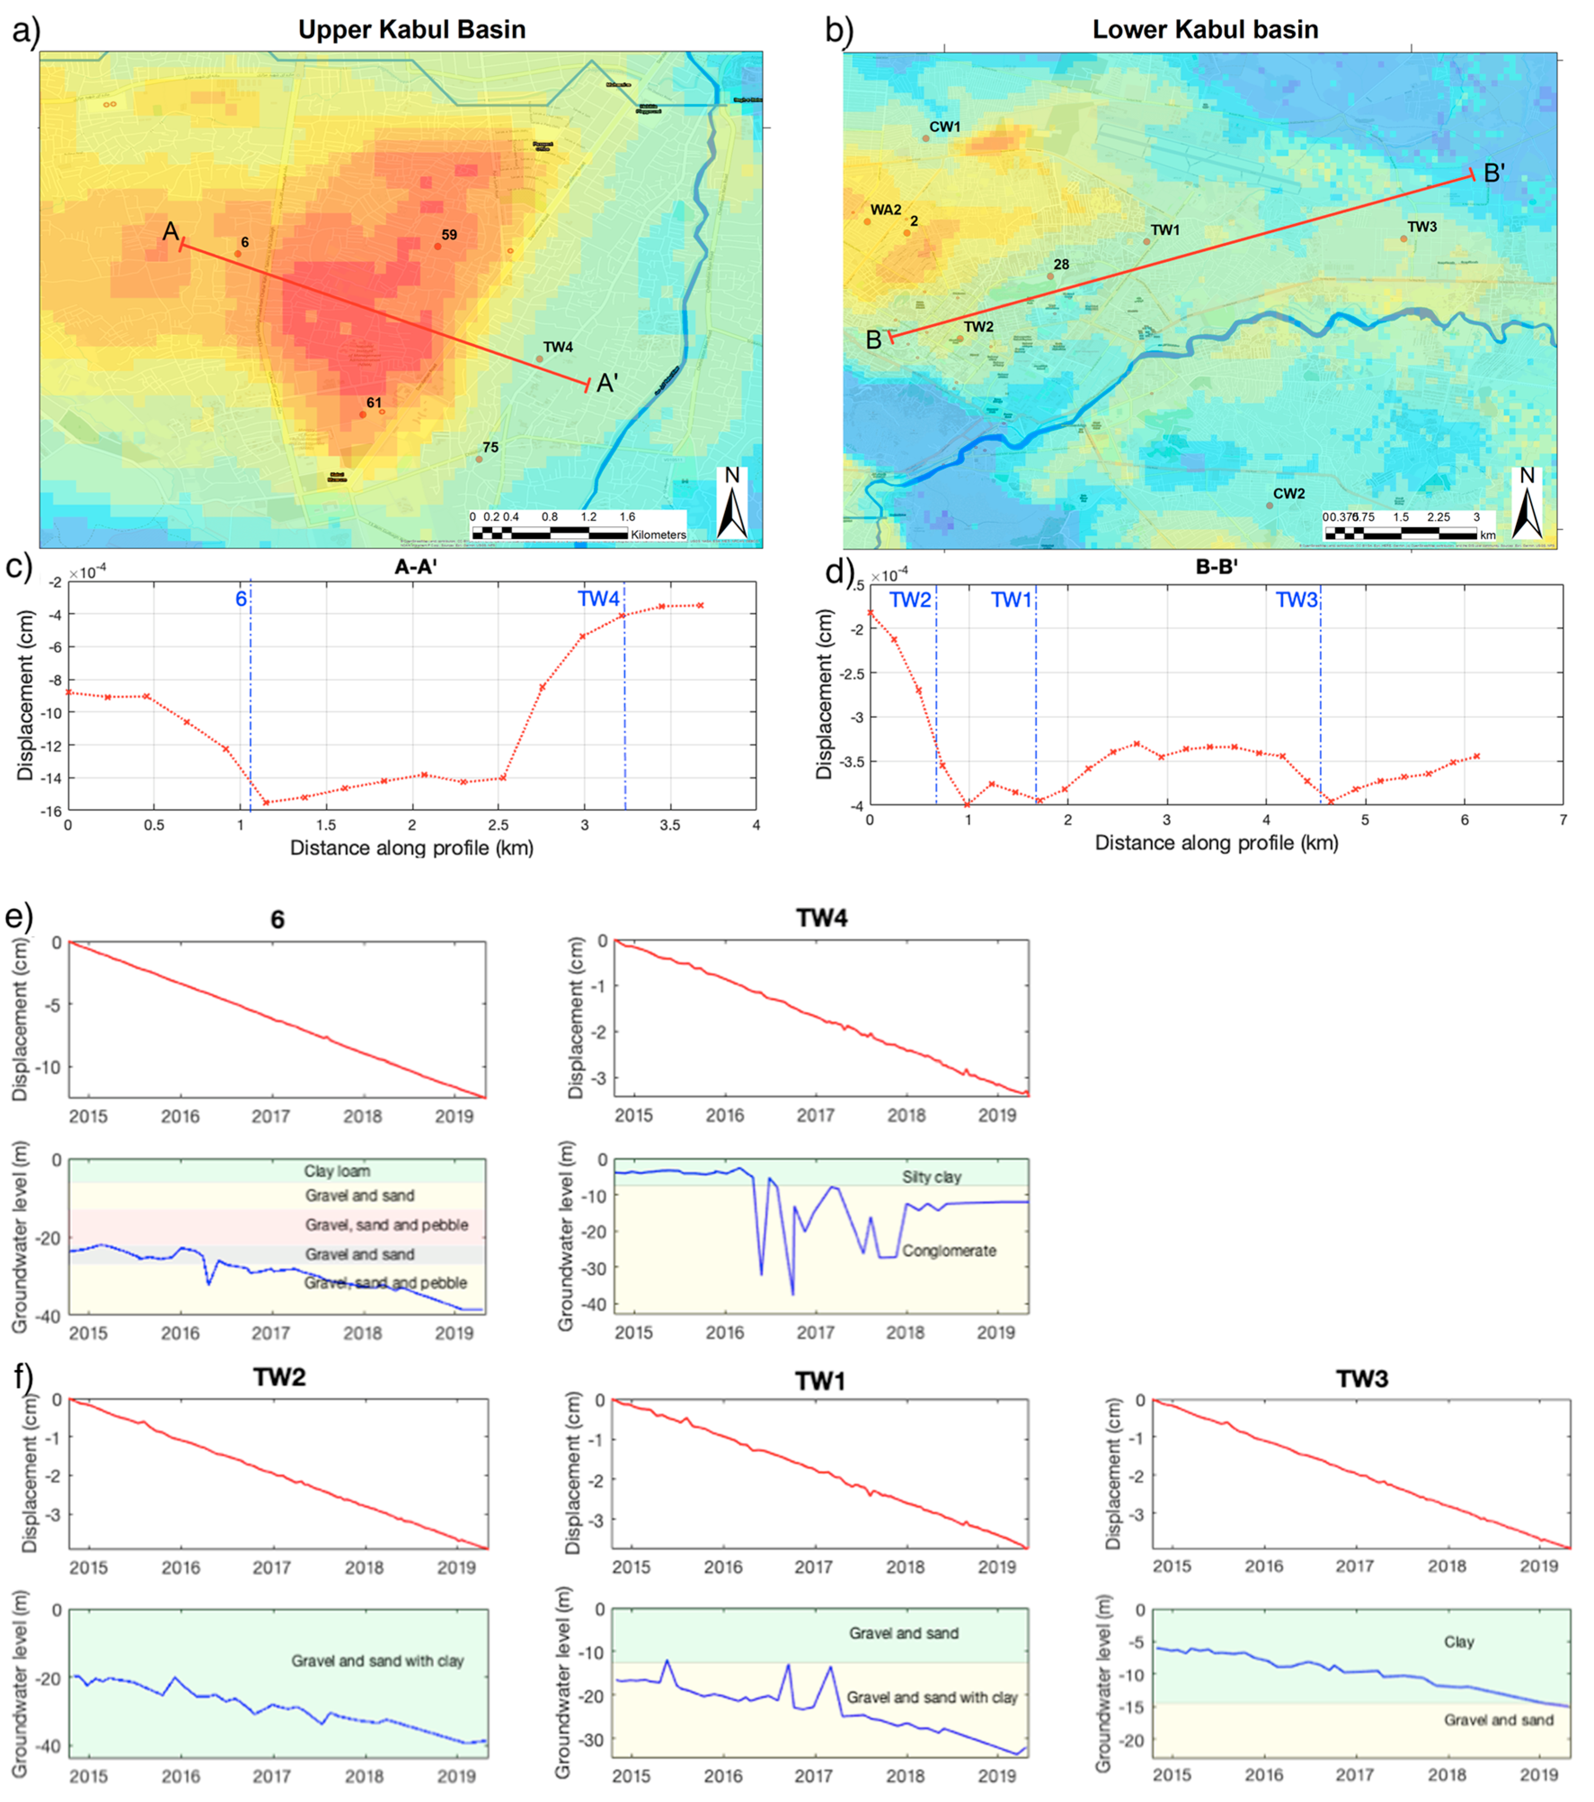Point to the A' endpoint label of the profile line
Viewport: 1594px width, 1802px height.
point(607,384)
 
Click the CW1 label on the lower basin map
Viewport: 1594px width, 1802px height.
point(944,127)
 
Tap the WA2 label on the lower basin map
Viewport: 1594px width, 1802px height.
point(885,210)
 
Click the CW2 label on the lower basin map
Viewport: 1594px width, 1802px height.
point(1288,494)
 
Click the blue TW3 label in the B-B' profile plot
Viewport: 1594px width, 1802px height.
point(1296,601)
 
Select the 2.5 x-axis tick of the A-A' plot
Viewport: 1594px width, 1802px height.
point(498,825)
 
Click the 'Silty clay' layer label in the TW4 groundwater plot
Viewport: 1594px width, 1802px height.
point(931,1177)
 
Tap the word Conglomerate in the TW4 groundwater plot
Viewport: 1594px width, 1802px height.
point(949,1251)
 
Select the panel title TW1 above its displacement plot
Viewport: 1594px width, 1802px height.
point(820,1381)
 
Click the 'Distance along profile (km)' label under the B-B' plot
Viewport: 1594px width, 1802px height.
point(1216,843)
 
